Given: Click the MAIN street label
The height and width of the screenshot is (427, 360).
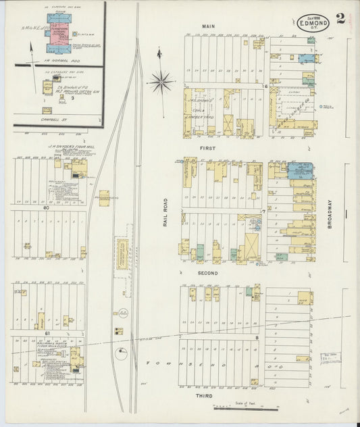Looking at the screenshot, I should click(x=207, y=26).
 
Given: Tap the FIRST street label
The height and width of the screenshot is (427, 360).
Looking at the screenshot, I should click(x=207, y=147).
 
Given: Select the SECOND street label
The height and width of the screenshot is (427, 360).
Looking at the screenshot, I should click(x=207, y=272).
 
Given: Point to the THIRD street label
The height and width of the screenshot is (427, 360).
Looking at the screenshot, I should click(x=204, y=395).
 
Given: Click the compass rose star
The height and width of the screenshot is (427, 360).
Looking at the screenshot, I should click(x=161, y=82).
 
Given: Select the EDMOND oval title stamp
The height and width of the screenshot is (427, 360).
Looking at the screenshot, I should click(x=313, y=22).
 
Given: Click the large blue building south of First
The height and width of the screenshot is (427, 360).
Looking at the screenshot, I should click(x=300, y=170).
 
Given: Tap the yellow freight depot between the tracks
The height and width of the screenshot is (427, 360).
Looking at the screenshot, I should click(x=122, y=253).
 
